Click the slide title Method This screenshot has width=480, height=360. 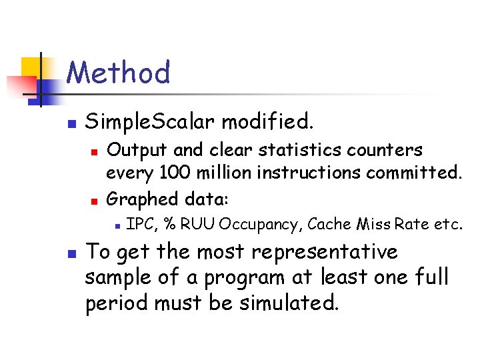[x=119, y=72]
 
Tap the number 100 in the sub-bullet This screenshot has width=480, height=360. [x=175, y=174]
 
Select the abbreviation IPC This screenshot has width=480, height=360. [x=140, y=224]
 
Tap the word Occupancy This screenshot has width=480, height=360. [x=260, y=224]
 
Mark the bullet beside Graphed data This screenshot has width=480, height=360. [x=95, y=199]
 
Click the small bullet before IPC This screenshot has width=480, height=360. [x=116, y=225]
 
